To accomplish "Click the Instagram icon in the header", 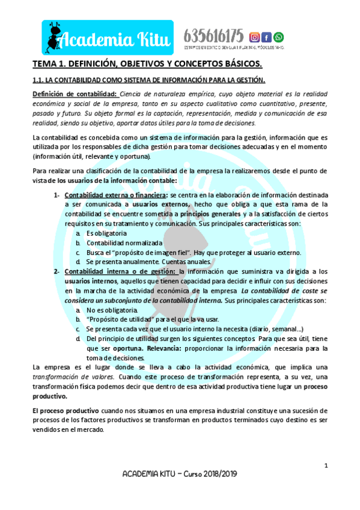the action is tap(254, 37).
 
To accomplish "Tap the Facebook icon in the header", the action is tap(267, 37).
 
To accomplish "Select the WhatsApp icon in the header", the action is tap(278, 37).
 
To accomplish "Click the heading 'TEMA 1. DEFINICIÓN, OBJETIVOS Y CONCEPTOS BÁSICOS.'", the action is tap(147, 64).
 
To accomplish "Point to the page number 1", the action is tap(326, 465).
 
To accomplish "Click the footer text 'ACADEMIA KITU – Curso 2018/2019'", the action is tap(180, 474).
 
